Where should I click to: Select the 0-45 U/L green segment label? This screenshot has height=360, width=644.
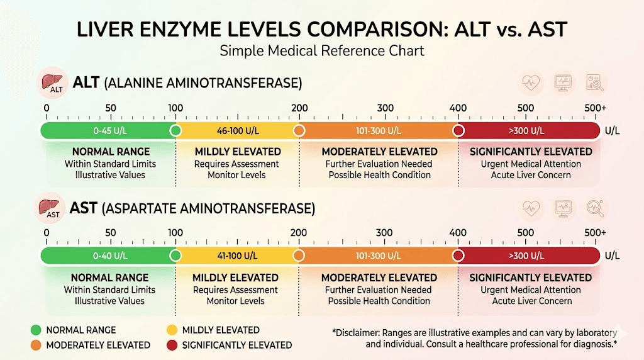tap(110, 131)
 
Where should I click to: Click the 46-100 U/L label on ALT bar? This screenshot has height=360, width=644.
tap(238, 131)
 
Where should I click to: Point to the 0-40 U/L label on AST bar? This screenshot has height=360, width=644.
tap(110, 256)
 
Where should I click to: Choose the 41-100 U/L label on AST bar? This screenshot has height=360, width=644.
tap(236, 256)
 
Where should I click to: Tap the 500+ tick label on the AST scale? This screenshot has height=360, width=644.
tap(595, 233)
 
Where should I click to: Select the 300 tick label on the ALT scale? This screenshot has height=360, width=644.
tap(385, 108)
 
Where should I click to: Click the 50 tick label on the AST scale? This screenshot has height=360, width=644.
tap(111, 233)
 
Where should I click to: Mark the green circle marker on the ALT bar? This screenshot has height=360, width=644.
tap(175, 130)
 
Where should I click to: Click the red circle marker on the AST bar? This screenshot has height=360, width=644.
tap(458, 256)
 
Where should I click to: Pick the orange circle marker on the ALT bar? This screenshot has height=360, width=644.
tap(299, 130)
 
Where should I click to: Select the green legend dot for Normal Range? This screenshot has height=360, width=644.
tap(35, 330)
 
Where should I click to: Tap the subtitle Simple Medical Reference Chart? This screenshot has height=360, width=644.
tap(321, 51)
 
